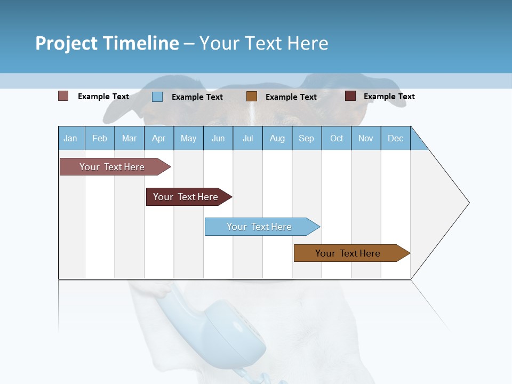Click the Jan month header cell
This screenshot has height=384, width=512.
pyautogui.click(x=71, y=138)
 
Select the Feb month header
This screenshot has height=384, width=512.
pyautogui.click(x=100, y=138)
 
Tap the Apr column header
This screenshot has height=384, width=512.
pyautogui.click(x=159, y=138)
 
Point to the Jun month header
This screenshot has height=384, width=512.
pyautogui.click(x=218, y=138)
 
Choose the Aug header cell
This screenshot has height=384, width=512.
pyautogui.click(x=277, y=138)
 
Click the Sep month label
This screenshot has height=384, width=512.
pyautogui.click(x=307, y=138)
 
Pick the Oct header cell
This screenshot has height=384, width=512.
pyautogui.click(x=337, y=138)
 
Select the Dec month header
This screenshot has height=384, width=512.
pyautogui.click(x=396, y=138)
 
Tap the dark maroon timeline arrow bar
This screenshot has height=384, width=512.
pyautogui.click(x=187, y=197)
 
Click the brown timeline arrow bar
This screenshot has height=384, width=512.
pyautogui.click(x=350, y=253)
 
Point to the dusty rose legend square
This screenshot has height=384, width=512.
pyautogui.click(x=63, y=96)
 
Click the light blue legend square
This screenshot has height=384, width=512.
pyautogui.click(x=157, y=97)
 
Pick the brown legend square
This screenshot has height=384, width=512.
pyautogui.click(x=252, y=97)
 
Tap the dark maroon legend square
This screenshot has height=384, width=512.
pyautogui.click(x=350, y=96)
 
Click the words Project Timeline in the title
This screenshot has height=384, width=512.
pyautogui.click(x=107, y=43)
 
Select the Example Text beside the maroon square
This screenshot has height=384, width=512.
pyautogui.click(x=389, y=97)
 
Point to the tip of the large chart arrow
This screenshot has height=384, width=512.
pyautogui.click(x=468, y=203)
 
